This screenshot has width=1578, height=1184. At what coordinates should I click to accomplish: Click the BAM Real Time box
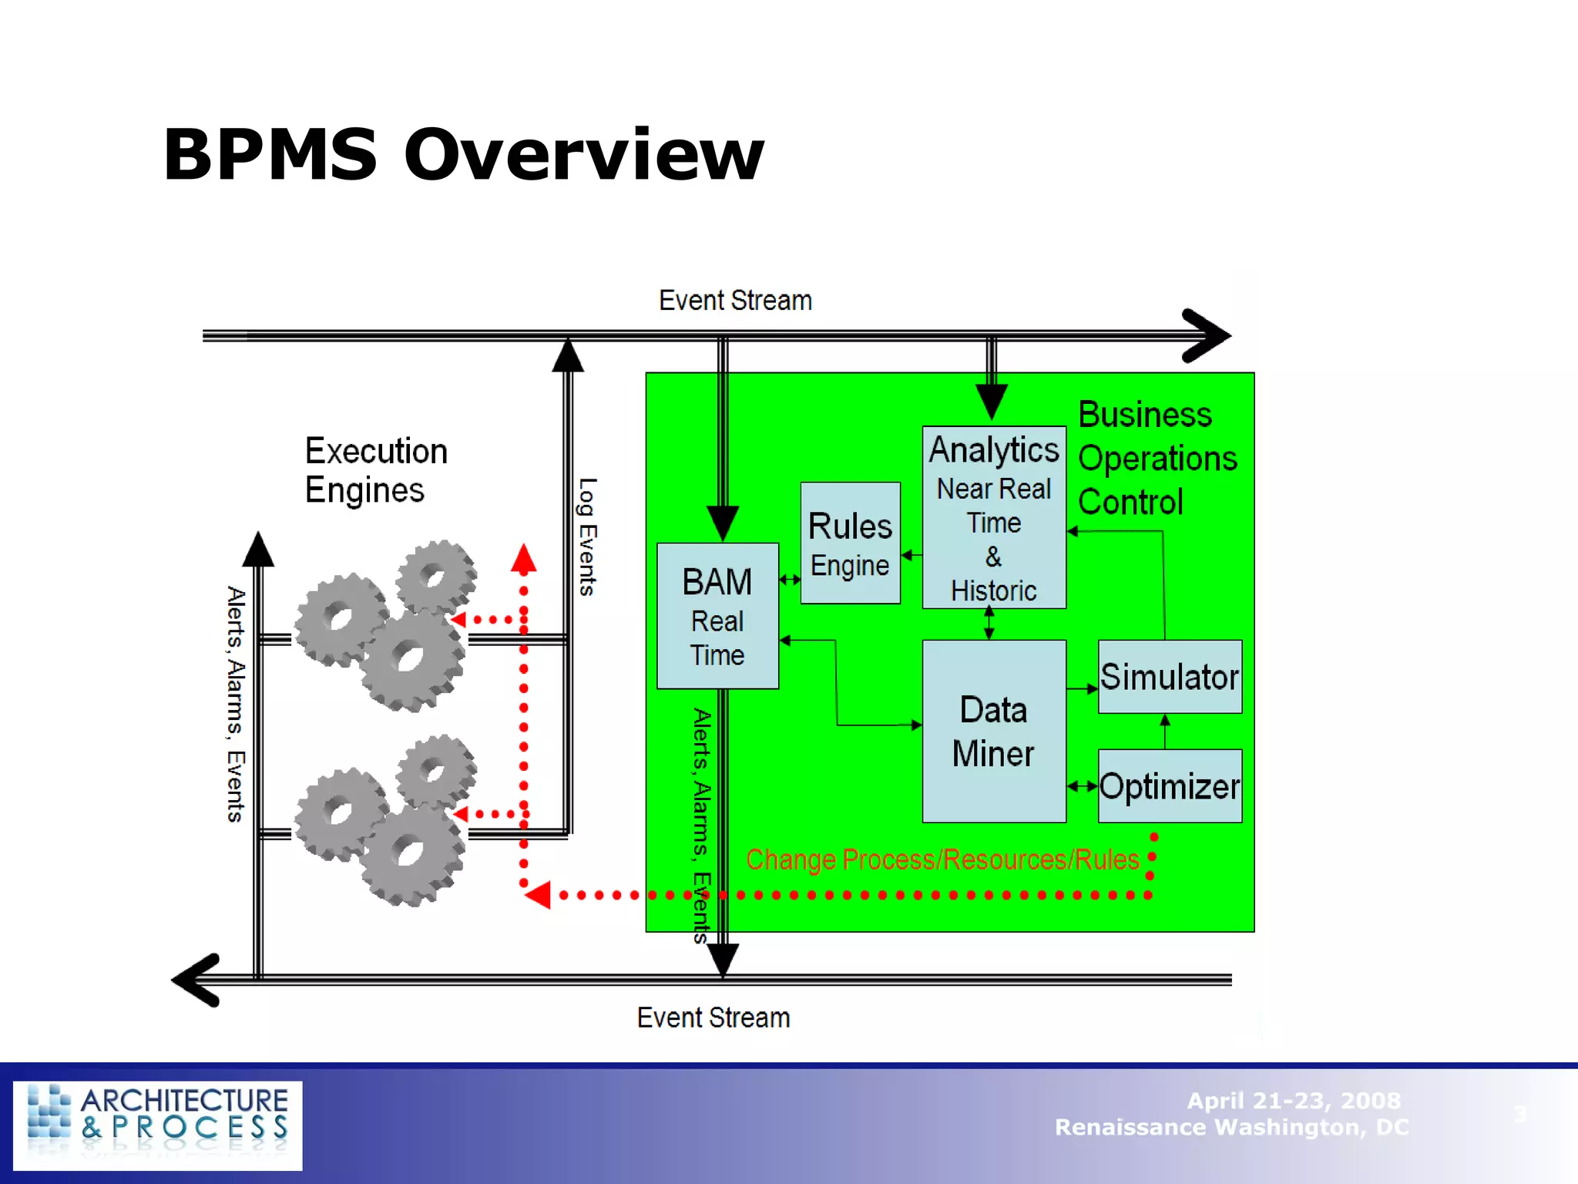coord(717,616)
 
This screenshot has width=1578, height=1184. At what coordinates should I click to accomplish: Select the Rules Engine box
coord(850,543)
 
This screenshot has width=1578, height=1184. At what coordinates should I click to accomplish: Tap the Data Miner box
coord(993,731)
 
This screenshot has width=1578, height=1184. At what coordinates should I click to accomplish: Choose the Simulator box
coord(1169,677)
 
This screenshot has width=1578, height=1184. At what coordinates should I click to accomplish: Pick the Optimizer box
coord(1169,786)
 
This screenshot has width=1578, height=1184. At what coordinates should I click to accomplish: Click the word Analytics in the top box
coord(993,449)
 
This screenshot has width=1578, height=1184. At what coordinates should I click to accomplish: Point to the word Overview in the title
coord(583,155)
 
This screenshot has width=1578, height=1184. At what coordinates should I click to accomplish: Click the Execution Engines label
coord(375,470)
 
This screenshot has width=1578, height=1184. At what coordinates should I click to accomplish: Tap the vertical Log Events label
coord(587,536)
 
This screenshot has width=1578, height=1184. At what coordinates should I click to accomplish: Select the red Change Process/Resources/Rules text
coord(942,859)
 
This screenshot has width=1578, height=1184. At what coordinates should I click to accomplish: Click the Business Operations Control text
coord(1156,459)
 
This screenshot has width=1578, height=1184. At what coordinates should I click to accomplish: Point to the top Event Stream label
coord(735,301)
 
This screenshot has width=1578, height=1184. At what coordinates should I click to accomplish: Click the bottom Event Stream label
coord(713,1017)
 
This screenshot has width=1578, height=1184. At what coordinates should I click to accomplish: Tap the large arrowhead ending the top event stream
coord(1208,335)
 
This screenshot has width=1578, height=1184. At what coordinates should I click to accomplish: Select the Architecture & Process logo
coord(158,1125)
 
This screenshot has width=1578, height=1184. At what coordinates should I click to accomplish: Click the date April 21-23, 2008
coord(1293,1100)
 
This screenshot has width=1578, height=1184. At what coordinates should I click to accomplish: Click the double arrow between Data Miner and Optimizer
coord(1082,786)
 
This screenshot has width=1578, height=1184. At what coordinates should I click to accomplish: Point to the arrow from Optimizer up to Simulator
coord(1164,731)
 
